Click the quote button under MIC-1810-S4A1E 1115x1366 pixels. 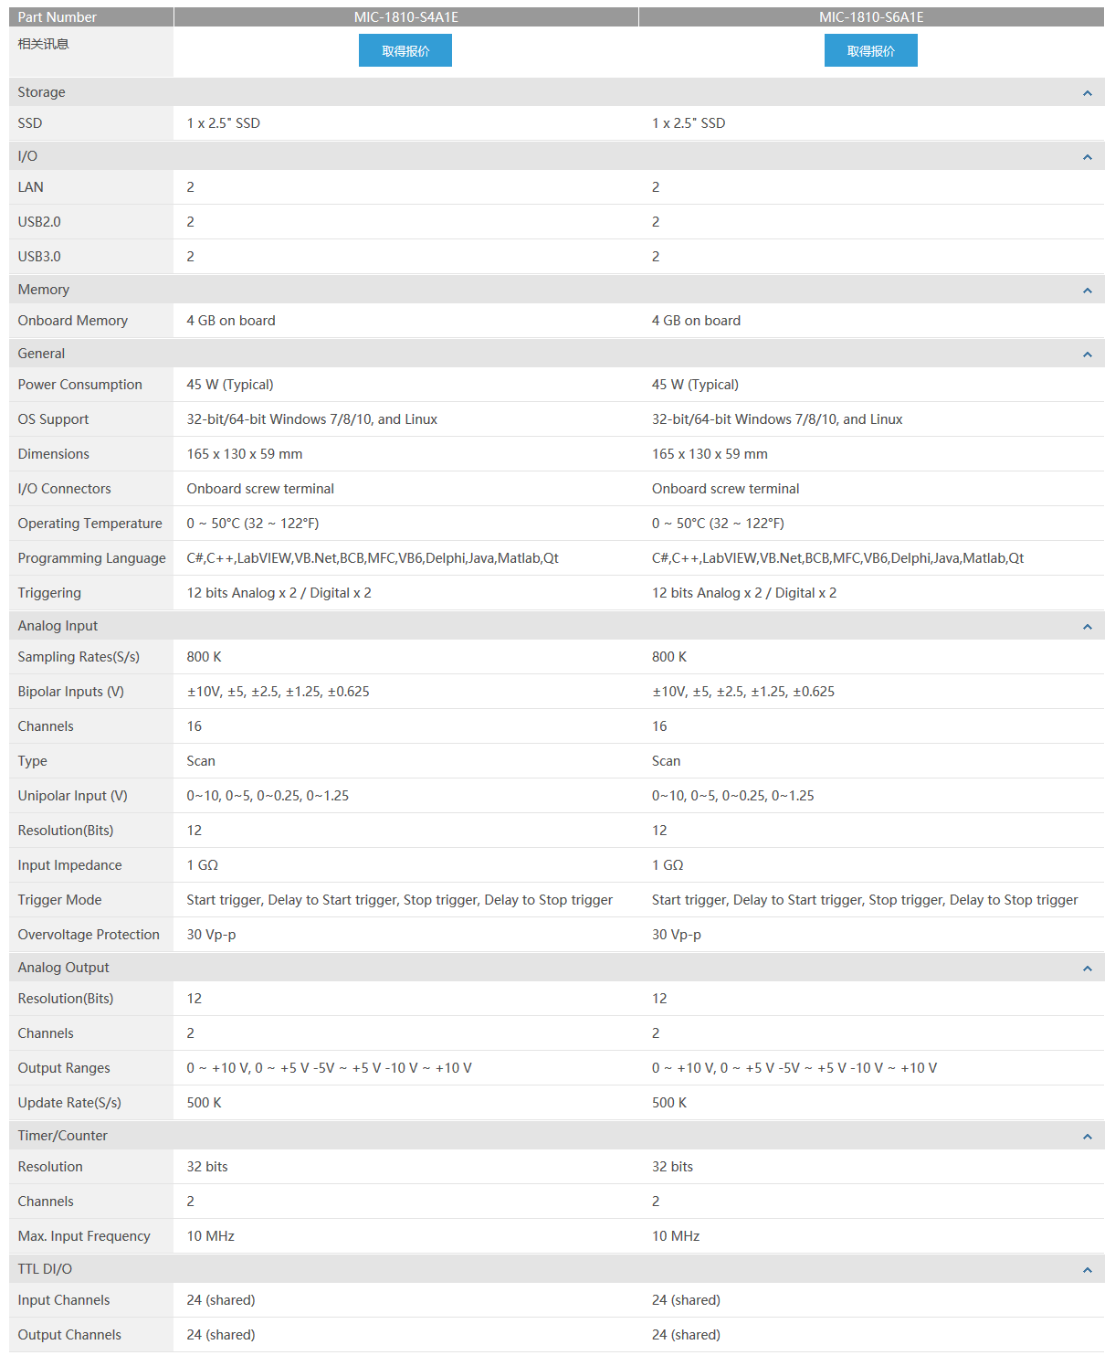pyautogui.click(x=405, y=51)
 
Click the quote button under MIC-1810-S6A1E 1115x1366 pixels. pyautogui.click(x=870, y=51)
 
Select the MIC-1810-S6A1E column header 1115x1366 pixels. pyautogui.click(x=870, y=17)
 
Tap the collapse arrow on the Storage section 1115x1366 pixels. pyautogui.click(x=1087, y=93)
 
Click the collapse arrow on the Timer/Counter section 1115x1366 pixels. pyautogui.click(x=1087, y=1137)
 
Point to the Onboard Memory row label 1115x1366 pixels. pyautogui.click(x=73, y=321)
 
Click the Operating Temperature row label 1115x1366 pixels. pyautogui.click(x=89, y=524)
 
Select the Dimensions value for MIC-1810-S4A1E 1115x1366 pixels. pyautogui.click(x=245, y=454)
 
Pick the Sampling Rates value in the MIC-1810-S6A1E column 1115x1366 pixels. pyautogui.click(x=669, y=657)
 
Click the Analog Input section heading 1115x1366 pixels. pyautogui.click(x=58, y=626)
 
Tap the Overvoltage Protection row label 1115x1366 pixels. pyautogui.click(x=89, y=935)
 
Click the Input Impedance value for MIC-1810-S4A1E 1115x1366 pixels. pyautogui.click(x=203, y=865)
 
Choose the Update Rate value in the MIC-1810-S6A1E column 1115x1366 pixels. pyautogui.click(x=669, y=1103)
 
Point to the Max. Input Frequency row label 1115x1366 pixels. pyautogui.click(x=84, y=1236)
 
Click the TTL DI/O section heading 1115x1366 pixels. pyautogui.click(x=45, y=1269)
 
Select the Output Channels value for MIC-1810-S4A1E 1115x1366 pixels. pyautogui.click(x=221, y=1335)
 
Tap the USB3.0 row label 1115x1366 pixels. pyautogui.click(x=39, y=257)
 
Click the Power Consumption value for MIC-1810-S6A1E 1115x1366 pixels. pyautogui.click(x=695, y=385)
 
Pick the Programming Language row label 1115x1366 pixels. pyautogui.click(x=91, y=558)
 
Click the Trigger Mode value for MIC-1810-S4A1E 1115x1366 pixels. pyautogui.click(x=399, y=900)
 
